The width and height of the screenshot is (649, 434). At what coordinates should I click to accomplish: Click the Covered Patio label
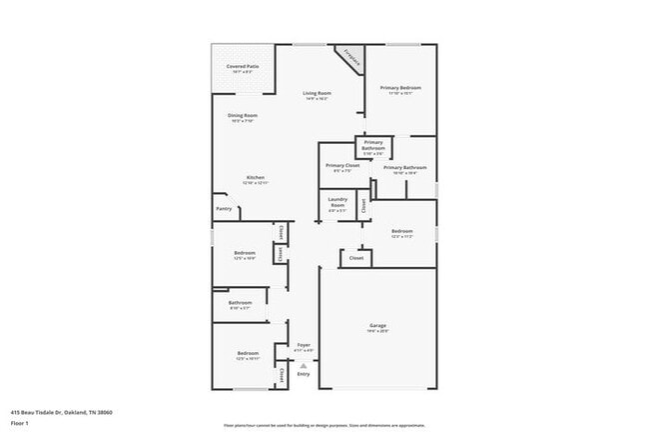pyautogui.click(x=242, y=66)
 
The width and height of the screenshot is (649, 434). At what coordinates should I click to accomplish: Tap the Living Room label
pyautogui.click(x=318, y=94)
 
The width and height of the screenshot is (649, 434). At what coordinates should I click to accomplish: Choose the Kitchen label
pyautogui.click(x=256, y=177)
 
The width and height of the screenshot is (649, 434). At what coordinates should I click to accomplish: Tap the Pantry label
pyautogui.click(x=224, y=209)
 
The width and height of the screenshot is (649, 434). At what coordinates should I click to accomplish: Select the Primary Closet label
pyautogui.click(x=342, y=165)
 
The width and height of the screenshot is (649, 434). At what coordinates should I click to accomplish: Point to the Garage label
pyautogui.click(x=377, y=326)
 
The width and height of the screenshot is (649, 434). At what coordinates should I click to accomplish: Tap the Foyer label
pyautogui.click(x=304, y=345)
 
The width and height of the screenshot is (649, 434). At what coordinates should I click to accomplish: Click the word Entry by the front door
pyautogui.click(x=304, y=374)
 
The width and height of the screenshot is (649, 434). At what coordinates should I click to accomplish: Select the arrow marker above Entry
pyautogui.click(x=304, y=365)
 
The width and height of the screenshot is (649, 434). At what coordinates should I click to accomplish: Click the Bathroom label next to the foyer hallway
pyautogui.click(x=240, y=302)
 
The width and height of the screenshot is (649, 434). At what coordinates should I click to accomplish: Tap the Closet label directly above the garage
pyautogui.click(x=355, y=257)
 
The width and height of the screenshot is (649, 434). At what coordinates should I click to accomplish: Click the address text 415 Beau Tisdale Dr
pyautogui.click(x=48, y=411)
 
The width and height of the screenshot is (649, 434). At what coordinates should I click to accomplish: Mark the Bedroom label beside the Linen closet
pyautogui.click(x=245, y=253)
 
